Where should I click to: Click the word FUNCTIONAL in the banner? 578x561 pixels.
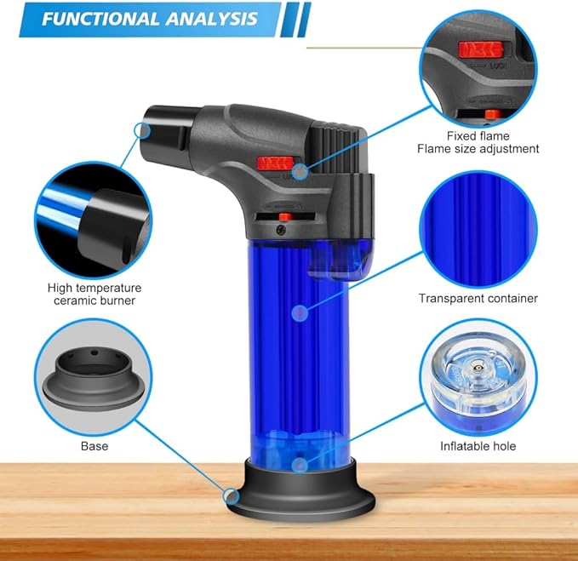click(x=100, y=19)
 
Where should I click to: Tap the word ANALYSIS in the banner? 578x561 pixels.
click(x=211, y=19)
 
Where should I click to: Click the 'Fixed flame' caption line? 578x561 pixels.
click(x=478, y=136)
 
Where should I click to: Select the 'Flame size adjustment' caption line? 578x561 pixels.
click(x=478, y=149)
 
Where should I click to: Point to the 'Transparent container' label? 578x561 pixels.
click(x=478, y=298)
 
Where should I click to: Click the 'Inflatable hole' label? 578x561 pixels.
click(x=478, y=446)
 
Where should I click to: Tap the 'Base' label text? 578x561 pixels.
click(x=94, y=446)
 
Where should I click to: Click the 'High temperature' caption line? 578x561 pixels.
click(x=94, y=288)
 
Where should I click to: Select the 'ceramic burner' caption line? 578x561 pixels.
click(x=94, y=301)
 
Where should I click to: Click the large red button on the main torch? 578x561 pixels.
click(x=275, y=163)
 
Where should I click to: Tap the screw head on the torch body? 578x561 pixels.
click(x=281, y=230)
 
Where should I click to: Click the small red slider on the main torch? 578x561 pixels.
click(x=285, y=217)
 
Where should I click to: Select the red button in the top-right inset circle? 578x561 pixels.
click(x=481, y=50)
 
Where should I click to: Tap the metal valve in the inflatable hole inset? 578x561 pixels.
click(x=478, y=368)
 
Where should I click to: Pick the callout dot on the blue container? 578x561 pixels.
click(x=300, y=313)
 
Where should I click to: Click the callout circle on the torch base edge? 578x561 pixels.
click(x=232, y=497)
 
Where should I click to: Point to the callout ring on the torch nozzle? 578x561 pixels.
click(x=142, y=130)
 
